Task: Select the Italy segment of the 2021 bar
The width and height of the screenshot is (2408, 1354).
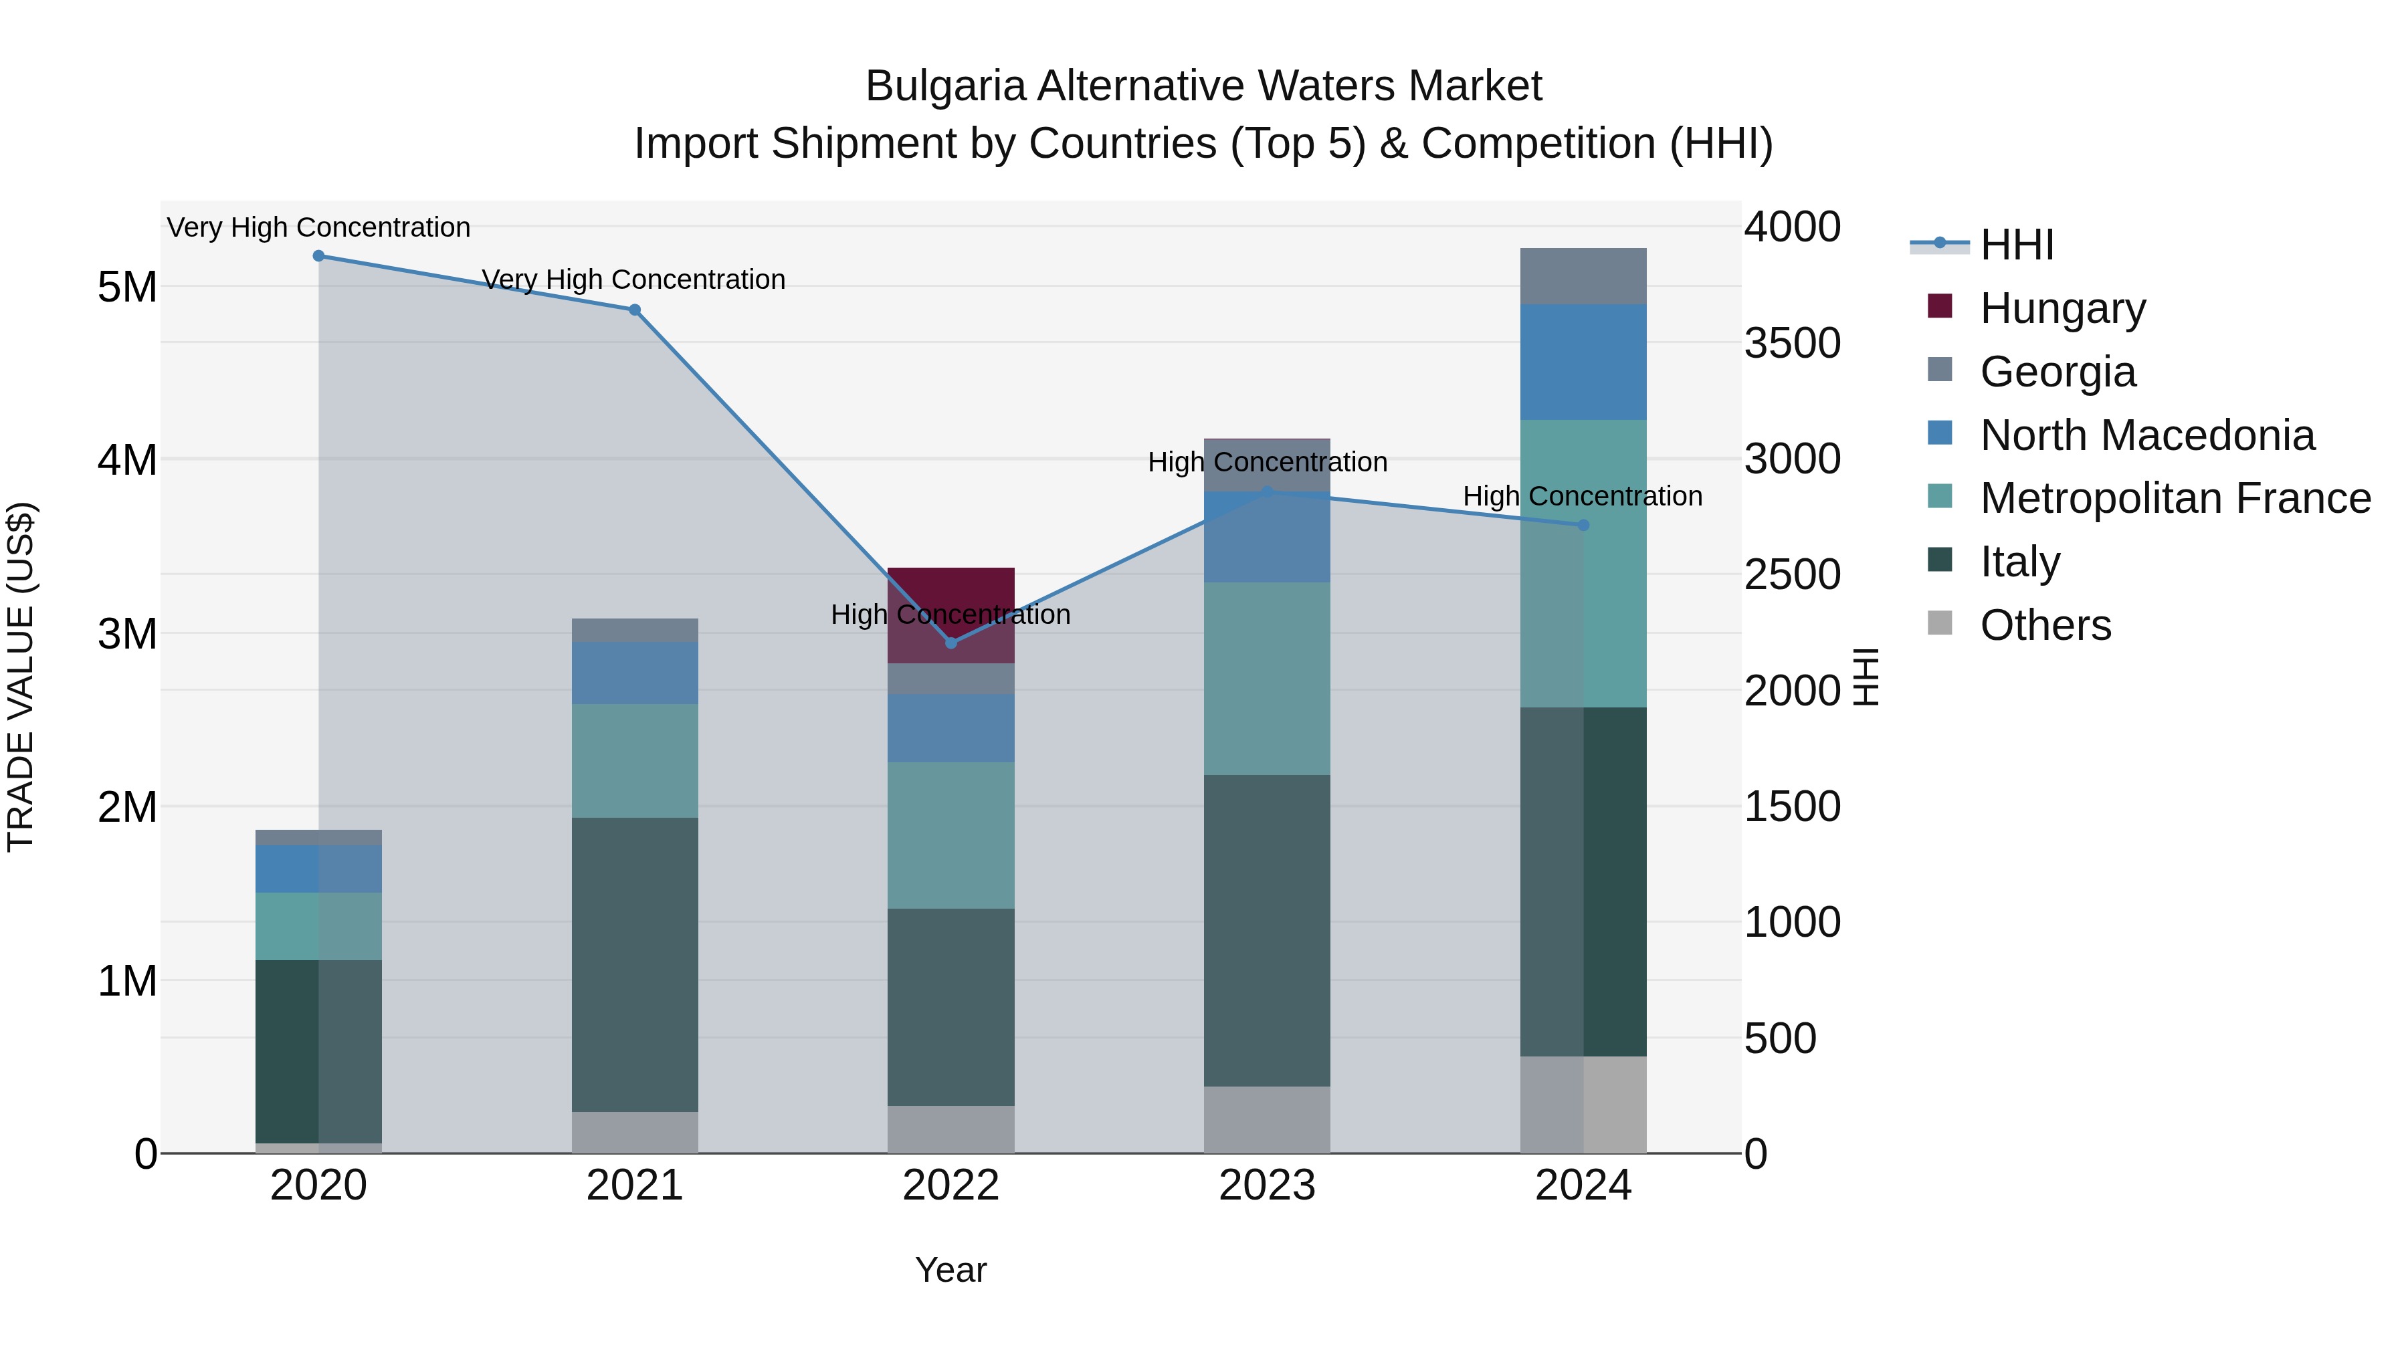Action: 635,964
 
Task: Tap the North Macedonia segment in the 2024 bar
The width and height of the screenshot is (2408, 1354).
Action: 1583,362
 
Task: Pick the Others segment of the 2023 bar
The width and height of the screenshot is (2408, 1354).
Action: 1267,1119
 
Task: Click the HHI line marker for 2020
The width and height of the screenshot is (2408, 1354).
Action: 319,256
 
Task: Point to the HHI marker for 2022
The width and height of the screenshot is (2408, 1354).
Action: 950,643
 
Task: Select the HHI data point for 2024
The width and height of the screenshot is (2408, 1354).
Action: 1583,525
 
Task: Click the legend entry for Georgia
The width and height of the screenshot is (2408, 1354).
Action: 2057,372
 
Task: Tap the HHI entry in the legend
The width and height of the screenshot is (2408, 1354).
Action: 2015,245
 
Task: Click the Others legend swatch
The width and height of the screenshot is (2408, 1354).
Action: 1940,623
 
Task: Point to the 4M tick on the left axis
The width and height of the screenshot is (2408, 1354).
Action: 127,460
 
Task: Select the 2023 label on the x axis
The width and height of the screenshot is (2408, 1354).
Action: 1267,1186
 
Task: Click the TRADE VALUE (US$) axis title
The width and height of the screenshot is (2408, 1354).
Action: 21,677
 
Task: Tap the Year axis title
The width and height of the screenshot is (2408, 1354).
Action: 950,1270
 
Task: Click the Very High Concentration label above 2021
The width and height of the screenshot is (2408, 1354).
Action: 634,279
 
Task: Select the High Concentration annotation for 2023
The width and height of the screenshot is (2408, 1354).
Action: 1267,461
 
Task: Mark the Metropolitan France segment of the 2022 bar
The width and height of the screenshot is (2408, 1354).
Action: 950,834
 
